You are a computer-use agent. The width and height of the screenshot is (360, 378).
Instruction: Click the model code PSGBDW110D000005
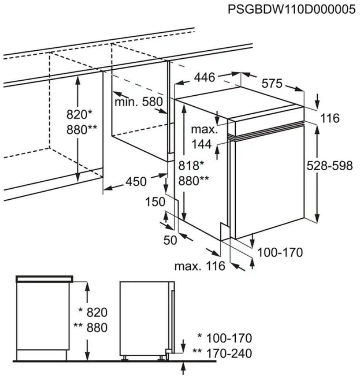click(x=292, y=10)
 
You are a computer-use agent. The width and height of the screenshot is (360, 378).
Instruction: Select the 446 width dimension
click(x=205, y=77)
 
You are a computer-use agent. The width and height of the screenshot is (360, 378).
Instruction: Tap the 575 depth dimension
click(x=272, y=83)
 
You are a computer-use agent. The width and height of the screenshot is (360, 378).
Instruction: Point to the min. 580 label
click(x=139, y=102)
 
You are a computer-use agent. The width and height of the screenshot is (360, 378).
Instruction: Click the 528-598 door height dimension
click(x=329, y=166)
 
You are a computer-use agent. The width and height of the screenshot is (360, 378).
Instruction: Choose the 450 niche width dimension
click(x=136, y=181)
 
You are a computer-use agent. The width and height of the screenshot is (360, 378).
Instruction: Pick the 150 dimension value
click(x=155, y=202)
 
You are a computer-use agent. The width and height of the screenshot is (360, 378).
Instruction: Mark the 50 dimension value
click(x=170, y=240)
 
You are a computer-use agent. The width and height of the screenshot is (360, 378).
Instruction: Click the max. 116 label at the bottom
click(x=200, y=266)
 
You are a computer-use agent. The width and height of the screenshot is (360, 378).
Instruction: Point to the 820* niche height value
click(x=79, y=115)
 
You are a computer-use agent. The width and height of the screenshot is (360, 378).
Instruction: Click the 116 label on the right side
click(x=330, y=118)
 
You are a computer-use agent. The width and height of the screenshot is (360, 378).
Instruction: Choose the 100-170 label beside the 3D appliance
click(x=280, y=252)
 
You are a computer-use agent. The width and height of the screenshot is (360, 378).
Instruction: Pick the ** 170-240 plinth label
click(x=222, y=353)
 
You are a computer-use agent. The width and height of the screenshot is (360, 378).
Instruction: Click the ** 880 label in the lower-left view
click(x=90, y=327)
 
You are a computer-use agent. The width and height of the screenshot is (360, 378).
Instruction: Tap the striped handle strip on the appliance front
click(x=266, y=130)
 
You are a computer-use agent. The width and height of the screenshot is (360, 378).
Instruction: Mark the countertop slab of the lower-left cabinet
click(x=44, y=279)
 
